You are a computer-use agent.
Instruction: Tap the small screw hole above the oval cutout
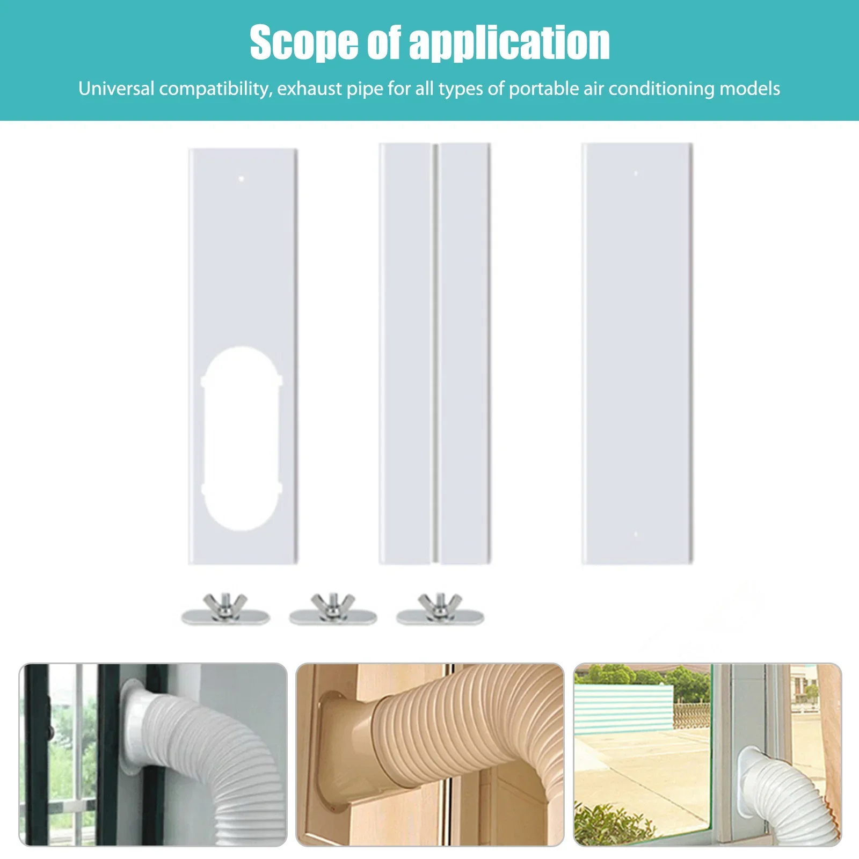click(242, 178)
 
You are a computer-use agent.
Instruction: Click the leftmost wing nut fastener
click(225, 609)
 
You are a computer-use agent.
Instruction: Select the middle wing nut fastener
click(333, 609)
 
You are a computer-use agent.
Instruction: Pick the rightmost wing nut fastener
click(440, 609)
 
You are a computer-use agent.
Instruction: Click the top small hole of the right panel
click(636, 173)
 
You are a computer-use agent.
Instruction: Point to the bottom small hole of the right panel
click(636, 534)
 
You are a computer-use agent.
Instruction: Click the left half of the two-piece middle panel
click(406, 354)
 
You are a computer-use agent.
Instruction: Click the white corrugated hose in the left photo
click(215, 752)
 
